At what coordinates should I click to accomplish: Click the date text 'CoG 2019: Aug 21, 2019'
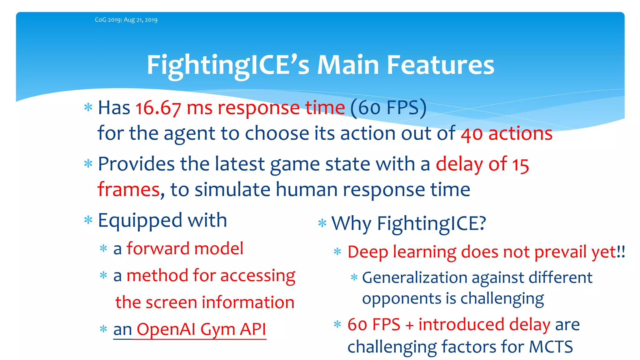[126, 20]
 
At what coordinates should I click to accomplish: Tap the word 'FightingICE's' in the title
[228, 66]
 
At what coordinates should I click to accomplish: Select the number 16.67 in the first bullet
[158, 108]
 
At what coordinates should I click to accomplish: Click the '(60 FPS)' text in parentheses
[388, 108]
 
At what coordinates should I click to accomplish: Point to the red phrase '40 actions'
[507, 134]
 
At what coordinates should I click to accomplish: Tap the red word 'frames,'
[131, 190]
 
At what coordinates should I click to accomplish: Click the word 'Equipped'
[140, 221]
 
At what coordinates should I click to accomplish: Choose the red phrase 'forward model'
[185, 249]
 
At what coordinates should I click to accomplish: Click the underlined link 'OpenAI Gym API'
[201, 329]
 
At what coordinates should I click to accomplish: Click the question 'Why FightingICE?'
[408, 224]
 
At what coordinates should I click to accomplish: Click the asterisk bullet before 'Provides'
[88, 163]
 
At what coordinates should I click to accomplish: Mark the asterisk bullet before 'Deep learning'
[337, 251]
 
